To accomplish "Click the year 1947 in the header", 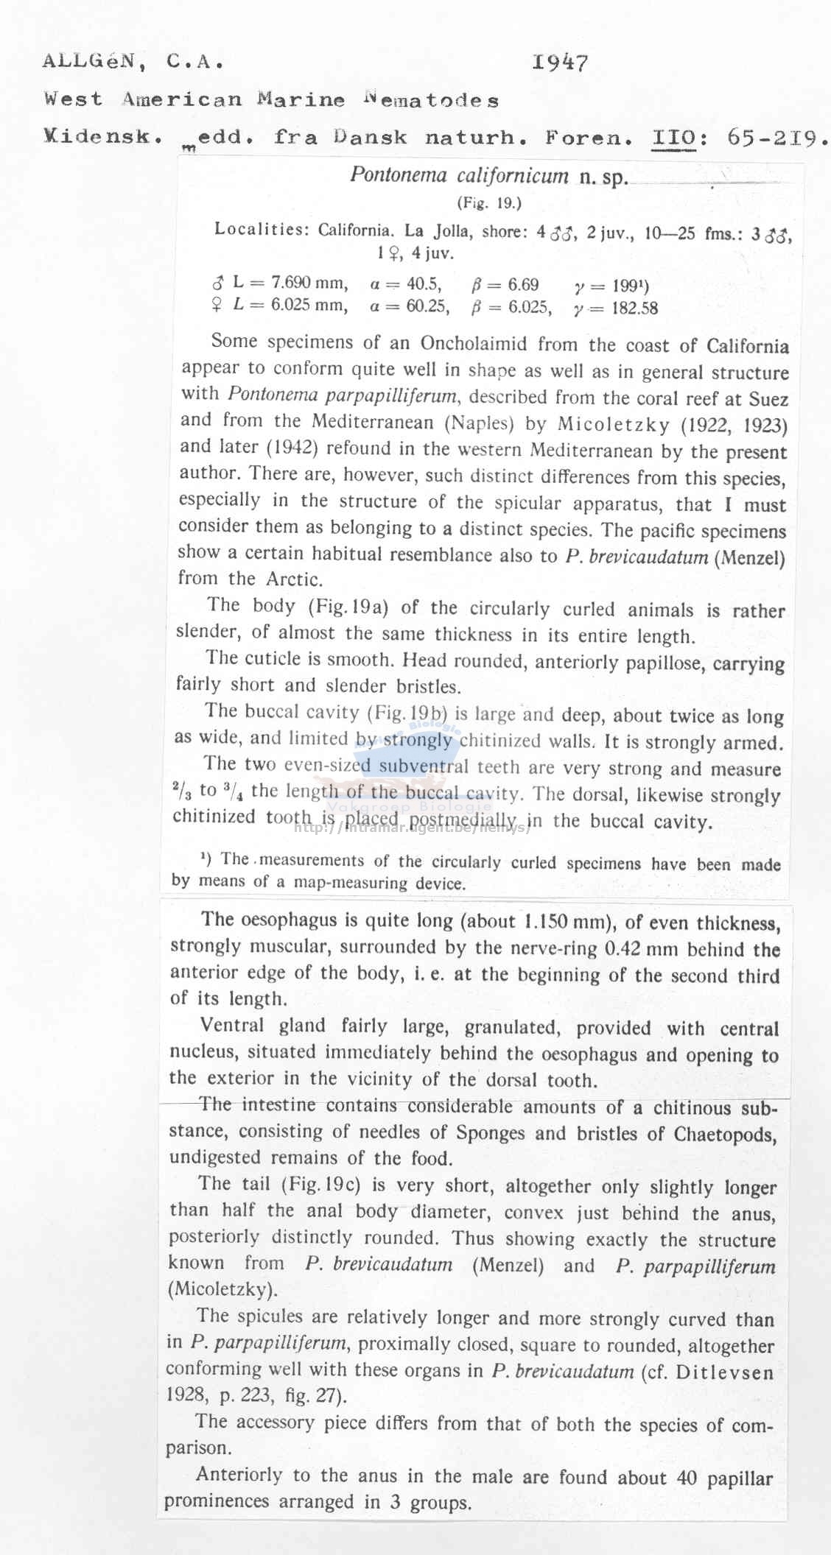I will click(x=560, y=63).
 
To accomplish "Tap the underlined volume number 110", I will click(x=674, y=138).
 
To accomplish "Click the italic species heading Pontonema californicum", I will click(x=459, y=176).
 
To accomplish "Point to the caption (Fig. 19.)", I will click(x=488, y=202).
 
